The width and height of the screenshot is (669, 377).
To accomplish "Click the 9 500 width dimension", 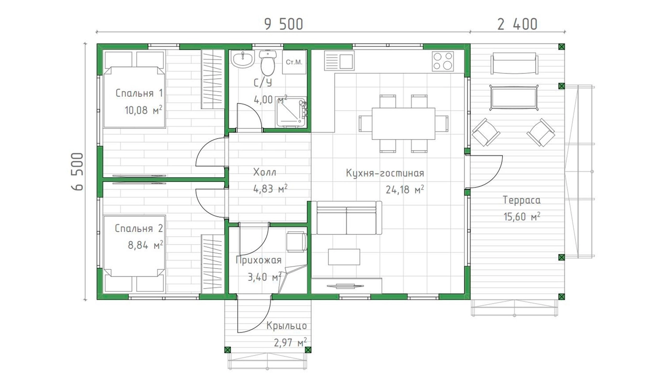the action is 283,24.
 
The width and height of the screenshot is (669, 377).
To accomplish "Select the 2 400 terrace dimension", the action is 517,24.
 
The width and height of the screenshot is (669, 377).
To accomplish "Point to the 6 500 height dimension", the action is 77,172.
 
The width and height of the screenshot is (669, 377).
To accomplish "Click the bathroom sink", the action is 243,59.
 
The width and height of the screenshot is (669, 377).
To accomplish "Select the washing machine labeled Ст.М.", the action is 294,62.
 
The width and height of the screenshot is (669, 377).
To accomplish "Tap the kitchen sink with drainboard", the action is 339,61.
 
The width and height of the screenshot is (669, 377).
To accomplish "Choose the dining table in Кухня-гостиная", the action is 403,123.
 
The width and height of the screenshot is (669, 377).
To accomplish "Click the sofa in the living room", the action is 346,218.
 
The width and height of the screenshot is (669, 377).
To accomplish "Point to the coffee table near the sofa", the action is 344,257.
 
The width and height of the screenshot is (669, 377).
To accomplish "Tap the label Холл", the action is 265,172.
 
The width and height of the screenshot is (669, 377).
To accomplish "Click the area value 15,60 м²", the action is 522,216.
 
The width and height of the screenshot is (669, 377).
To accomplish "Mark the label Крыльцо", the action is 286,326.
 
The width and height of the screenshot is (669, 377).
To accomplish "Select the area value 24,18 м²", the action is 405,189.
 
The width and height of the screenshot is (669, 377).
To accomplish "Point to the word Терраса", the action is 521,200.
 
